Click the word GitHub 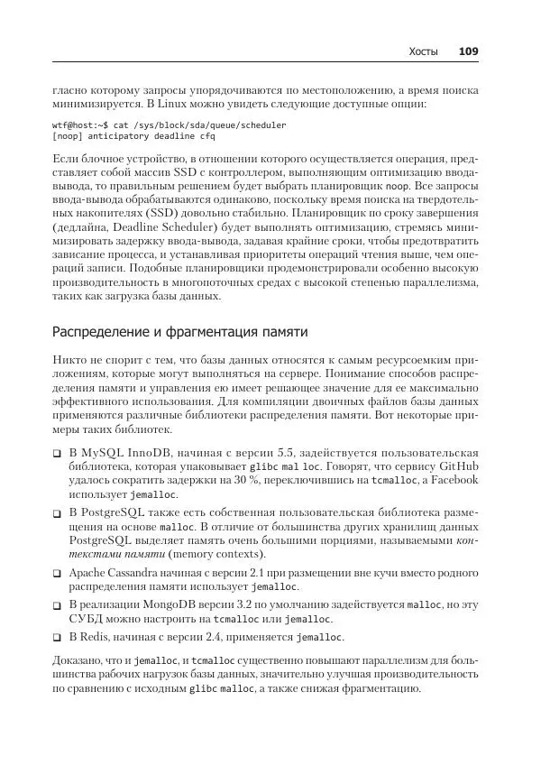pyautogui.click(x=458, y=466)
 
